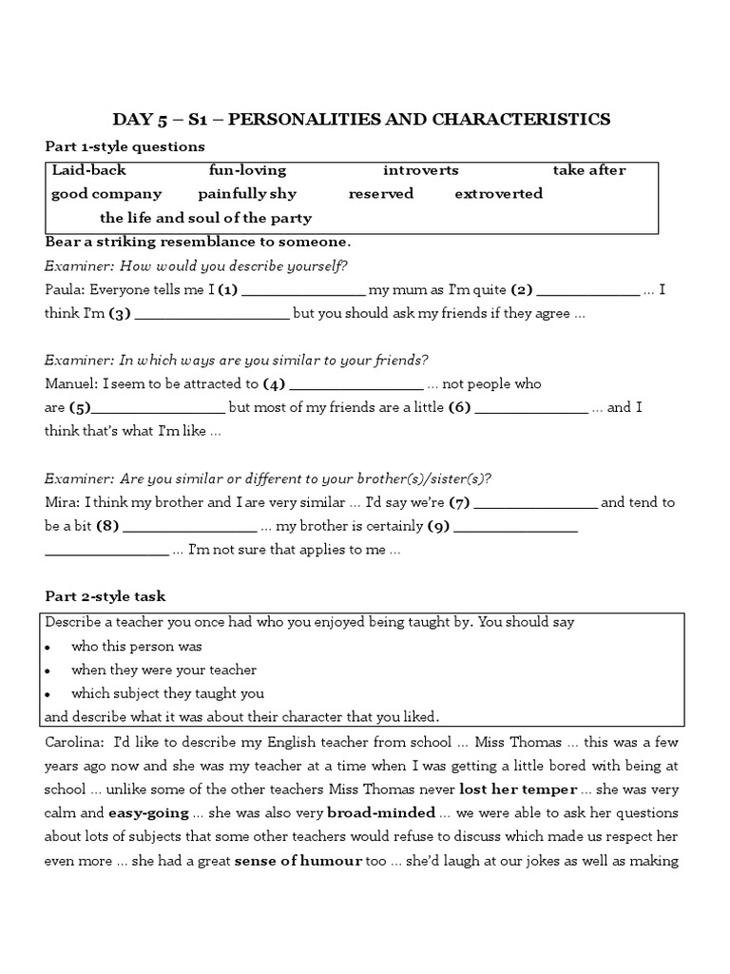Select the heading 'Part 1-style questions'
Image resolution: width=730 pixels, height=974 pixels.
click(x=125, y=146)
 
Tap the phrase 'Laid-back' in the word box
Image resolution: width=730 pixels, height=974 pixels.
click(x=88, y=170)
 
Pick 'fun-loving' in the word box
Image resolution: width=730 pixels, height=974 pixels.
click(x=247, y=170)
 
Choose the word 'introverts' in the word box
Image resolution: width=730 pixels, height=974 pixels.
click(x=420, y=170)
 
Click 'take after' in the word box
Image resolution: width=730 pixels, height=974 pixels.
click(x=589, y=170)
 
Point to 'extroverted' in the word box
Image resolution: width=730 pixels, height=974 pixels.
click(x=498, y=194)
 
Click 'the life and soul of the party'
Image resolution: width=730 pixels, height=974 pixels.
click(x=206, y=218)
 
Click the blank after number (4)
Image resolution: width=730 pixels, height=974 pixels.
click(x=355, y=386)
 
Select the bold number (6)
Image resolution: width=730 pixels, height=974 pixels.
click(x=459, y=408)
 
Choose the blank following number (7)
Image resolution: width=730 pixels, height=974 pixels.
click(x=535, y=504)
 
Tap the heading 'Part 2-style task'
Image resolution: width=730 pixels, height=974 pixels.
click(x=106, y=596)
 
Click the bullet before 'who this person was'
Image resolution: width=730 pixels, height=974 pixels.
click(x=48, y=647)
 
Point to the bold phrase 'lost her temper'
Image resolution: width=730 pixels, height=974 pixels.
click(x=518, y=789)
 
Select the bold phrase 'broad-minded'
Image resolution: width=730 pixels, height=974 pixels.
click(x=380, y=813)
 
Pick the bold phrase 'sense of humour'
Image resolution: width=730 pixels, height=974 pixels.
click(x=298, y=861)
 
